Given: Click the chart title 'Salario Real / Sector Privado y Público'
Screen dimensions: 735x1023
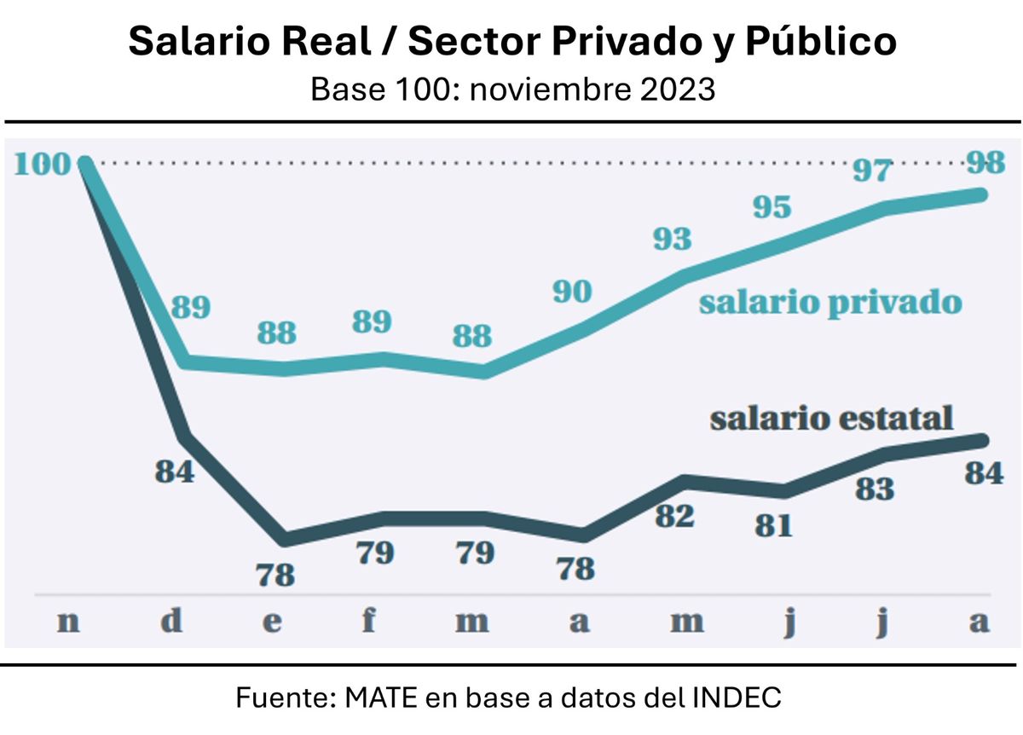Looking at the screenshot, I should (511, 41).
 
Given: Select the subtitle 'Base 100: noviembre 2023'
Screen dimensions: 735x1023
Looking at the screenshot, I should (511, 89).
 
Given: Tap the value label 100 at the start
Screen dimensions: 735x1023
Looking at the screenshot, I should (42, 164).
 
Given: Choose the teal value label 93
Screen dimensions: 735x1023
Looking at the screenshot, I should (672, 240).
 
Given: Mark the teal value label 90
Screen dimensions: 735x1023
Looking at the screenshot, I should (571, 292).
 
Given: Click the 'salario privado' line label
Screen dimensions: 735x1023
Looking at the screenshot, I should (830, 303).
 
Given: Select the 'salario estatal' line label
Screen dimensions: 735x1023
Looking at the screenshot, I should (831, 419).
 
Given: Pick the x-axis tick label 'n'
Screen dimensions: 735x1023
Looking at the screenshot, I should (68, 621).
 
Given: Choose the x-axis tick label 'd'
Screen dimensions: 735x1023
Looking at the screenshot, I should (171, 620).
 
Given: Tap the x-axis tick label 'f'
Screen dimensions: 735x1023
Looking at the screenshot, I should (369, 620).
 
